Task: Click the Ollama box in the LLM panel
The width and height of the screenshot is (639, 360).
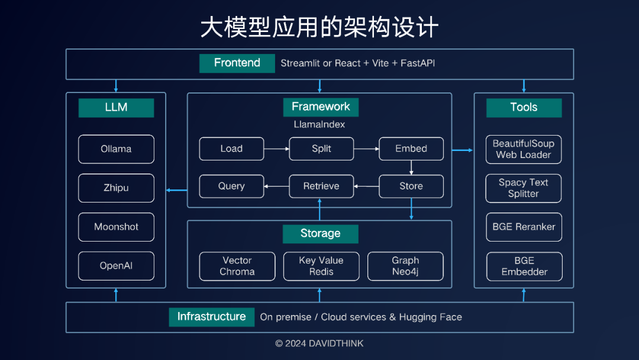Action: tap(116, 149)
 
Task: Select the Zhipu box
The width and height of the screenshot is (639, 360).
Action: tap(116, 188)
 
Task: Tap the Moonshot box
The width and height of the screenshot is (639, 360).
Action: tap(116, 227)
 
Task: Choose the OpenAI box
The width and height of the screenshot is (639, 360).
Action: tap(116, 266)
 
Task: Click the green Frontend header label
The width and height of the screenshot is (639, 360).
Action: tap(237, 63)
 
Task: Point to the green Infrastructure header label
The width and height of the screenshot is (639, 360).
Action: tap(211, 317)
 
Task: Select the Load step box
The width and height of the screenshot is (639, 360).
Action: tap(231, 149)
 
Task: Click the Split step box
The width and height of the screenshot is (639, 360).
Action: tap(321, 149)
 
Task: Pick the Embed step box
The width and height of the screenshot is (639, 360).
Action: tap(411, 149)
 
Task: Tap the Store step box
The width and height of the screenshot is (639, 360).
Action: tap(411, 186)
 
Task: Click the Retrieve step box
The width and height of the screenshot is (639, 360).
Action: tap(321, 186)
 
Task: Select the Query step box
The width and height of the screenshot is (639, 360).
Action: tap(231, 186)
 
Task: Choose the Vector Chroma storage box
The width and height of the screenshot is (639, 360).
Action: tap(237, 266)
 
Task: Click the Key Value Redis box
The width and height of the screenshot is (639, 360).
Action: tap(321, 266)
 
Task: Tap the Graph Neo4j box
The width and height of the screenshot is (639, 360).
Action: tap(405, 266)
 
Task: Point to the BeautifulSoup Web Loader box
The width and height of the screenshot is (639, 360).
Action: tap(524, 149)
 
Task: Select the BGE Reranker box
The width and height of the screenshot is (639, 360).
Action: tap(524, 227)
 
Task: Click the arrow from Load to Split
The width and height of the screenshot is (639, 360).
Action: tap(276, 149)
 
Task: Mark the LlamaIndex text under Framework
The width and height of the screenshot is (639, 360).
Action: tap(319, 125)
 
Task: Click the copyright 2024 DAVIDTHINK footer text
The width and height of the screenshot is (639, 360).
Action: tap(319, 343)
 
